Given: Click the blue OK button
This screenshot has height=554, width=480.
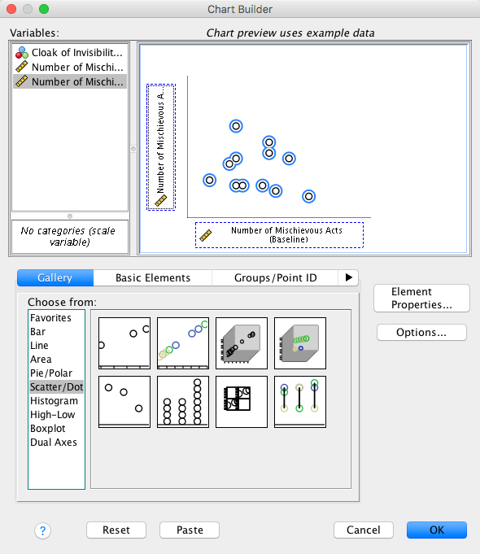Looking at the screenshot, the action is (437, 530).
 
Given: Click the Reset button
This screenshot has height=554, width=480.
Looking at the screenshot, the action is (116, 530).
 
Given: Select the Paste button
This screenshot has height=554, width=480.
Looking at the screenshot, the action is (190, 530).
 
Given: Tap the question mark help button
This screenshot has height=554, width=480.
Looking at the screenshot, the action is (43, 530).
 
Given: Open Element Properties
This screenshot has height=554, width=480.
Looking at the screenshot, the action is (421, 299).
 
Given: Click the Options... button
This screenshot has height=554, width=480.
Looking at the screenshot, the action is (421, 332).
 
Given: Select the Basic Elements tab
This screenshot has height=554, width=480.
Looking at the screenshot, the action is (153, 277).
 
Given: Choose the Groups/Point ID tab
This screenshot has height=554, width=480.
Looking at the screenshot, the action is (275, 277).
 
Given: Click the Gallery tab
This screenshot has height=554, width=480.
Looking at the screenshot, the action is (55, 277).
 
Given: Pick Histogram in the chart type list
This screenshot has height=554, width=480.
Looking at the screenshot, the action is (54, 401).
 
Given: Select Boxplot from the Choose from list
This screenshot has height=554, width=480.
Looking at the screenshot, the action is (48, 428).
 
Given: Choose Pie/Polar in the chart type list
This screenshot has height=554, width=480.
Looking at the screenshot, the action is (51, 373).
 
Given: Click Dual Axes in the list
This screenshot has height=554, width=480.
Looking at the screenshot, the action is (54, 442).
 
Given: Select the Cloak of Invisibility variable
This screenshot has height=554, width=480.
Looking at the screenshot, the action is (70, 53).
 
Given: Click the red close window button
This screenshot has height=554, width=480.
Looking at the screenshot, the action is (11, 9).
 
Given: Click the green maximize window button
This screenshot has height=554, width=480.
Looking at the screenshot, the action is (44, 9).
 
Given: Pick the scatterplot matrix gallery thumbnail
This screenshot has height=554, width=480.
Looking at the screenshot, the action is (242, 402).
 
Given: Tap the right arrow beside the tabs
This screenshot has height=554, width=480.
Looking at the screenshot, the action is (348, 277).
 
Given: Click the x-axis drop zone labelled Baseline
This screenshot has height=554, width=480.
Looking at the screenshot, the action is (279, 235).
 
